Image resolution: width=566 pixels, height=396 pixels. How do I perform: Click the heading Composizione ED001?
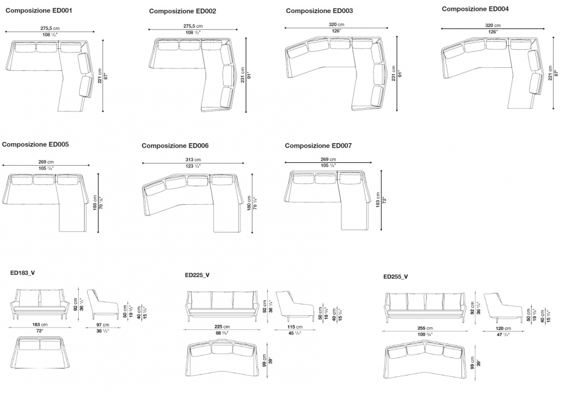[38, 10]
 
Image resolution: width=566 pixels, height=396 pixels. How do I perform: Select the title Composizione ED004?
[475, 9]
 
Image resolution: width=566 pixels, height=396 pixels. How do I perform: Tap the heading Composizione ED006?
[175, 145]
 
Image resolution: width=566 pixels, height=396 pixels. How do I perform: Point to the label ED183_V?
[23, 272]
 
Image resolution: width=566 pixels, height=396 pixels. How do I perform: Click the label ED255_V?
[396, 277]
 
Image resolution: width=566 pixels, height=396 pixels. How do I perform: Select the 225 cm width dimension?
[221, 327]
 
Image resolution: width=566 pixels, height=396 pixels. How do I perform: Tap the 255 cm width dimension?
[424, 328]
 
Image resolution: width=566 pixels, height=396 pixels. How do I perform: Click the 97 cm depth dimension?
[102, 325]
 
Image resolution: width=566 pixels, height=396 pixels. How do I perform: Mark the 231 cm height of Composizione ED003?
[393, 74]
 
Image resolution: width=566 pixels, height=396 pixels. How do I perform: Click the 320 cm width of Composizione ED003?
[336, 25]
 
